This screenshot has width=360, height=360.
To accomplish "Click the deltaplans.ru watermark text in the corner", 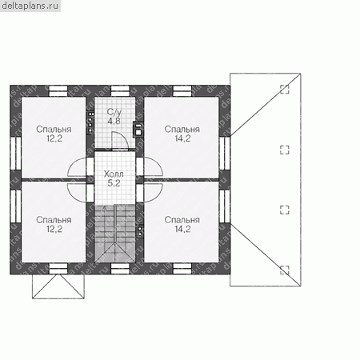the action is tap(30, 6).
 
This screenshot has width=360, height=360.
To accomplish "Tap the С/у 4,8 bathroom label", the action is tap(114, 117).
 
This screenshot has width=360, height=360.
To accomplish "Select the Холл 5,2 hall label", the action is tap(114, 178).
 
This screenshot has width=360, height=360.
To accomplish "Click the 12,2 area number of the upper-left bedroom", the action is tap(54, 138).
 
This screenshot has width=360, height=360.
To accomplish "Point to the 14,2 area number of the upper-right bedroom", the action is tap(182, 138).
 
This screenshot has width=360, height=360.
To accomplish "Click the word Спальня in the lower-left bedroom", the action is tap(54, 220).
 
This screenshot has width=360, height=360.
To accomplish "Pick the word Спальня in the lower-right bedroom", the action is tap(182, 220).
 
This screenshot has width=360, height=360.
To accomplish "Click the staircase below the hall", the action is tap(115, 234).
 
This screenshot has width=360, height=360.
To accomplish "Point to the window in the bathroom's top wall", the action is tap(120, 91).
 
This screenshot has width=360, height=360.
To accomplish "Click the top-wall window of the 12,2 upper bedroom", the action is tap(58, 91).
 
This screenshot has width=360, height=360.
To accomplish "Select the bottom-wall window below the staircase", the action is tap(120, 269).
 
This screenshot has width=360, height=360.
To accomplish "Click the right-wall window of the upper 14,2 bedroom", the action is tap(225, 153).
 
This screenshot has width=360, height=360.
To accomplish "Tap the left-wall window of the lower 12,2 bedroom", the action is tap(16, 206).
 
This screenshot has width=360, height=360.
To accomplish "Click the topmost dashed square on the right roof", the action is tap(285, 90).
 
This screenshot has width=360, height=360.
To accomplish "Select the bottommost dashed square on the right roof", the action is tap(285, 270).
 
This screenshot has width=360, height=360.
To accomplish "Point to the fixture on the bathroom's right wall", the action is tap(138, 130).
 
